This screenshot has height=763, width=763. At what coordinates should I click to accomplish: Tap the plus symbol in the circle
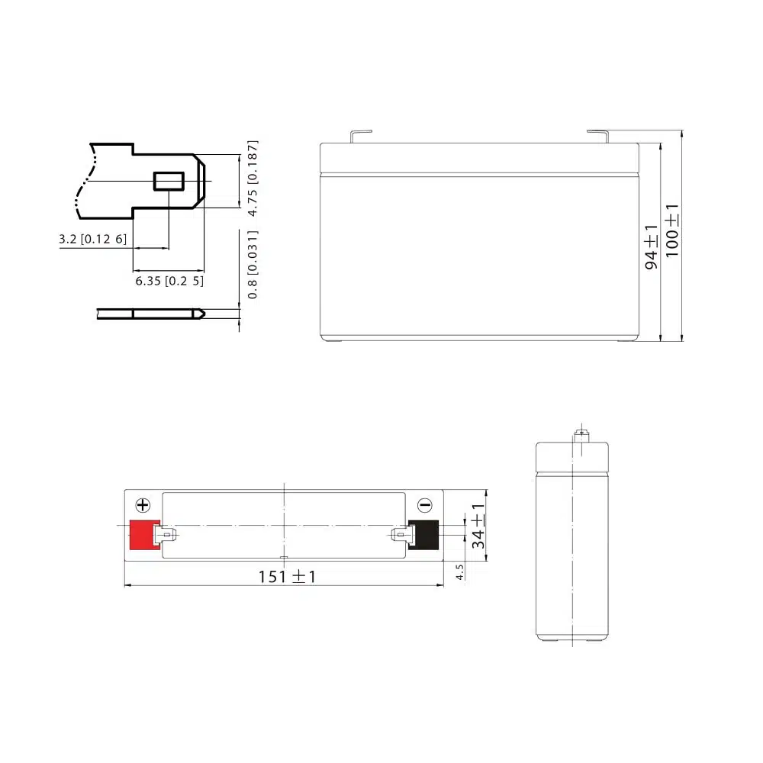pyautogui.click(x=143, y=505)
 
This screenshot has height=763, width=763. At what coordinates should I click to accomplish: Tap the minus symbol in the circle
pyautogui.click(x=425, y=505)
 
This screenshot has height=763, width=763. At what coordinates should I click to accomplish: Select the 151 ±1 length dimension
pyautogui.click(x=286, y=577)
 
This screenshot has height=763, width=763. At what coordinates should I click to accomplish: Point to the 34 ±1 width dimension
pyautogui.click(x=478, y=526)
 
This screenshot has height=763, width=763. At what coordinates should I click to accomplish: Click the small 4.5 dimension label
pyautogui.click(x=459, y=572)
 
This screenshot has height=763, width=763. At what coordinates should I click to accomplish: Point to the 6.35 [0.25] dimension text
pyautogui.click(x=169, y=281)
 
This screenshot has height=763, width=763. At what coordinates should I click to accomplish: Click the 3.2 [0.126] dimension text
pyautogui.click(x=92, y=240)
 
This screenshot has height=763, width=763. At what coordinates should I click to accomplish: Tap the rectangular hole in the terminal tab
pyautogui.click(x=169, y=182)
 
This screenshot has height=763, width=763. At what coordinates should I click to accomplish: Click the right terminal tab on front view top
pyautogui.click(x=598, y=135)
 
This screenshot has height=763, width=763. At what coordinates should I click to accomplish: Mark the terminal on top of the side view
pyautogui.click(x=583, y=436)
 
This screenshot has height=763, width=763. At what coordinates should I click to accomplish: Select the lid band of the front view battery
pyautogui.click(x=478, y=158)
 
